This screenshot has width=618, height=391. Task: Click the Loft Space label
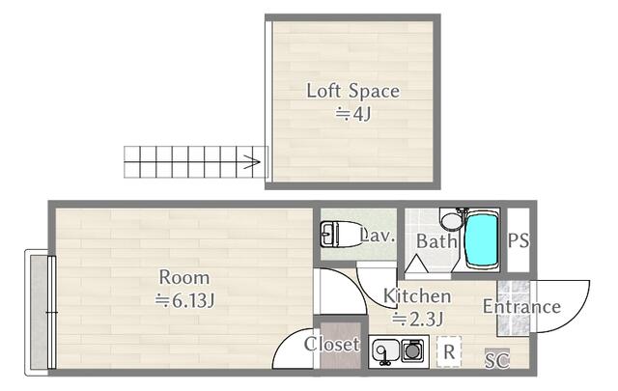click(352, 91)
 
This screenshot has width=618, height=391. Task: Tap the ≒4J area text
click(352, 114)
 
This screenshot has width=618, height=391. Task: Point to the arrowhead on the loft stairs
click(253, 161)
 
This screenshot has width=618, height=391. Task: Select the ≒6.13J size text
click(184, 301)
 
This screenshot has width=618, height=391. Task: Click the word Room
click(184, 277)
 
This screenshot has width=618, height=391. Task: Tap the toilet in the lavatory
click(340, 235)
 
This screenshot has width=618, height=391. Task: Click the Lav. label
click(378, 236)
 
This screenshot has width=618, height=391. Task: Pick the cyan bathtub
click(481, 239)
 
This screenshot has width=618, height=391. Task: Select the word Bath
click(436, 241)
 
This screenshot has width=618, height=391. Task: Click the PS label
click(519, 240)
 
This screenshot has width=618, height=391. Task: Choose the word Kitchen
click(417, 295)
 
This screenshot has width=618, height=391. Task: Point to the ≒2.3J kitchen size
click(418, 319)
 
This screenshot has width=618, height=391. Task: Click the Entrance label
click(521, 306)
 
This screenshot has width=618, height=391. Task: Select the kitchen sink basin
click(385, 350)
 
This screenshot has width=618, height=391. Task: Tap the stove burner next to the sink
click(412, 350)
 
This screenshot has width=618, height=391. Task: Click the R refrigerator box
click(449, 351)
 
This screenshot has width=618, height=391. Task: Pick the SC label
click(497, 359)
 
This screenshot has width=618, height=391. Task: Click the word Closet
click(332, 344)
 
